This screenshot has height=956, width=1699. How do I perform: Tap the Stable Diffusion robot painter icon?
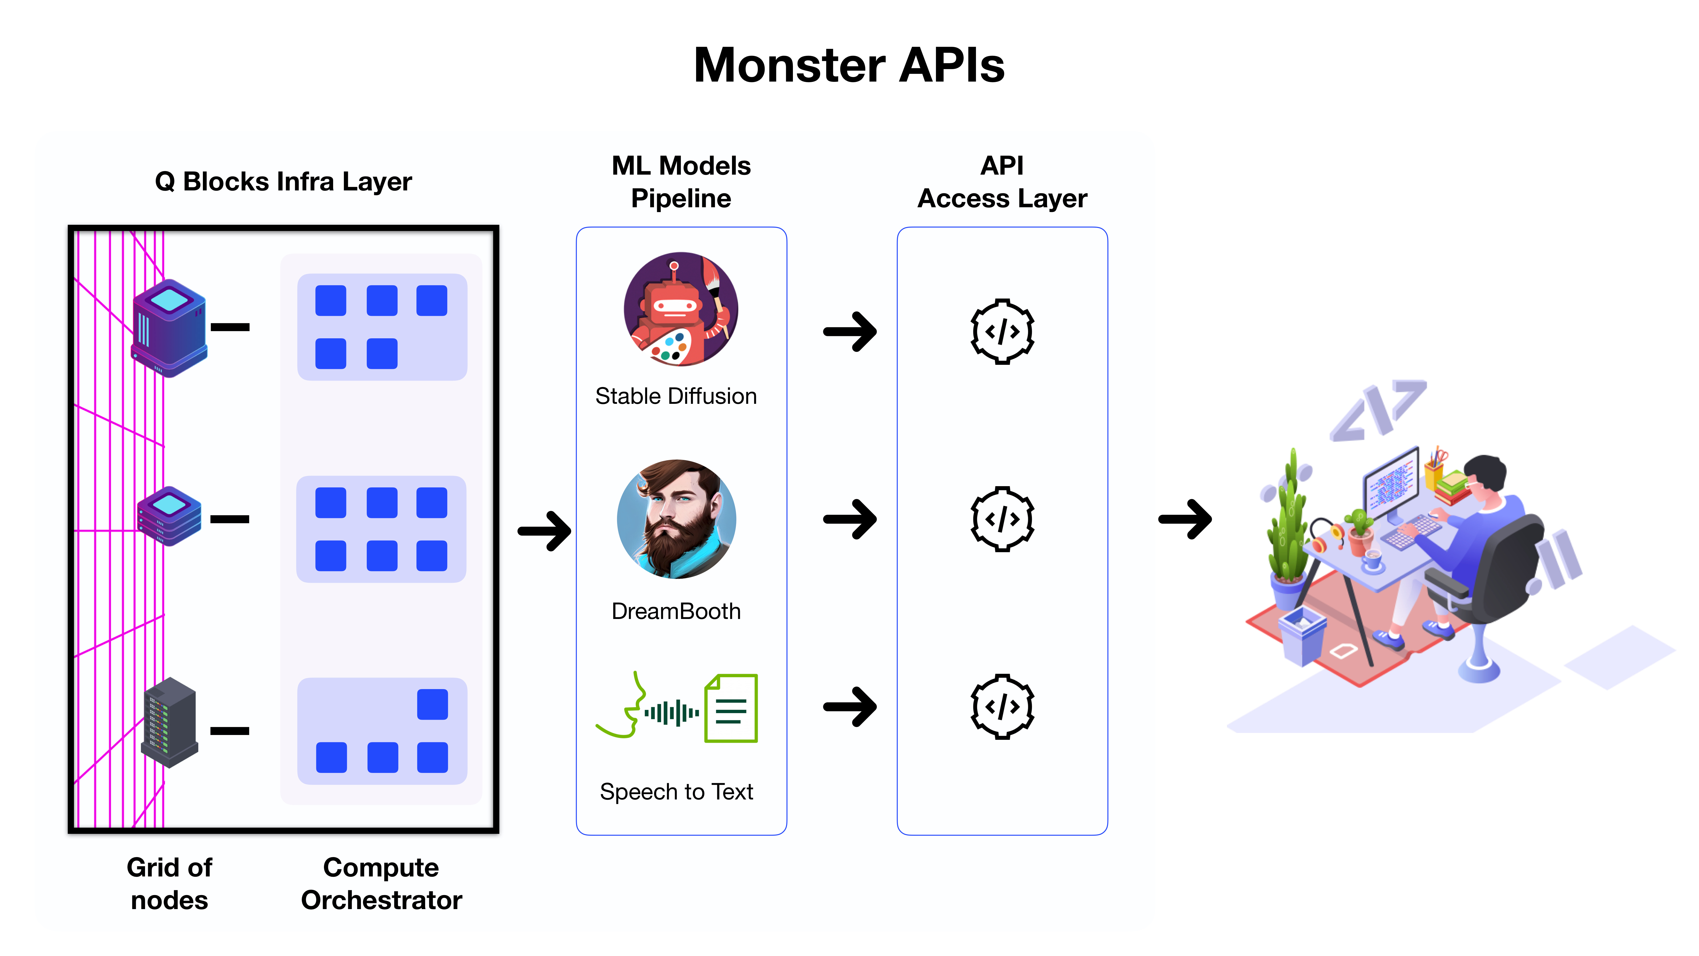[681, 309]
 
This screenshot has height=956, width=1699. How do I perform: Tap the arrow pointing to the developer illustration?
[1185, 519]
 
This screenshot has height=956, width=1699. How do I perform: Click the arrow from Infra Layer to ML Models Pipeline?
[544, 531]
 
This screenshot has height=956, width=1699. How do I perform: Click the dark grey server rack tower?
[169, 722]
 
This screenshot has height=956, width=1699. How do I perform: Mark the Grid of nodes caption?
[169, 883]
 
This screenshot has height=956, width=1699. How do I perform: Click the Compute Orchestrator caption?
[381, 883]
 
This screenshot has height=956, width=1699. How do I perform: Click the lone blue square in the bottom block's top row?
[433, 704]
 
